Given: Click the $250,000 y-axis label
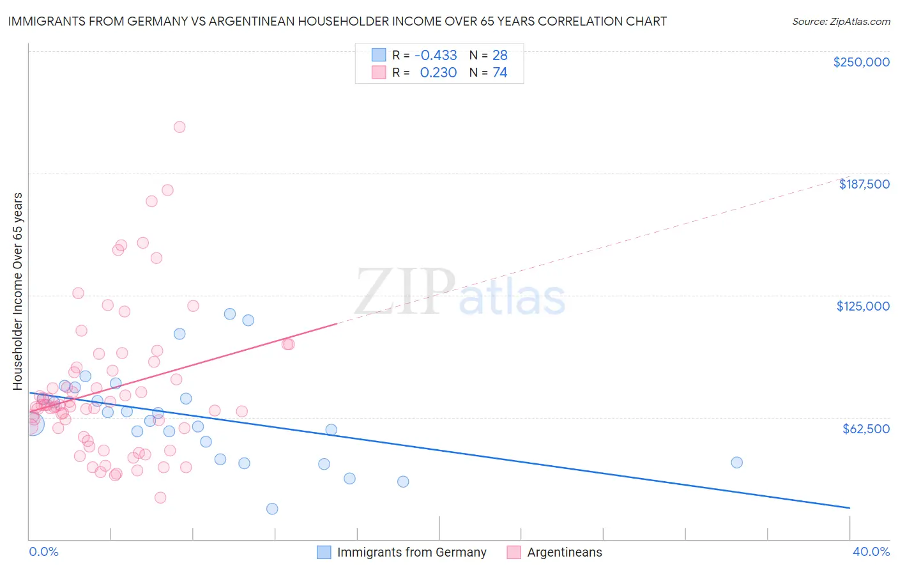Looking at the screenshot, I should pos(861,62).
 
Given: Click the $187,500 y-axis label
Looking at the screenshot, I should pos(864,184).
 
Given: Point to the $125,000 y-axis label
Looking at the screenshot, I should pos(863,306).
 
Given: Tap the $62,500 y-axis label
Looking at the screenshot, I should pos(865,429).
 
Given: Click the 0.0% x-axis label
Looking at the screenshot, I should pos(43,552).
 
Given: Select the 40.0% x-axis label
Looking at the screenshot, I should pos(871,552).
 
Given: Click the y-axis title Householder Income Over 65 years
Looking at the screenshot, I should pos(18,291).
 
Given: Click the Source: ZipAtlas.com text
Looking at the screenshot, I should pos(841,22).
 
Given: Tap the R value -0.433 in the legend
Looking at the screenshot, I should pos(436,56).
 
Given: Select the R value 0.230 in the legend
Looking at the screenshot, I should pos(438,73).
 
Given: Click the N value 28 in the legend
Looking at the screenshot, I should pos(499,56).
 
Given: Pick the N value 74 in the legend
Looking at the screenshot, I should pos(499,73).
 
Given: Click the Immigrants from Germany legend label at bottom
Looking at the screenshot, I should pos(411,552).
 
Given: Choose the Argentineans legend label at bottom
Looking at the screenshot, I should pos(564,552).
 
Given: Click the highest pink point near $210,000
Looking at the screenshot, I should pos(179,127).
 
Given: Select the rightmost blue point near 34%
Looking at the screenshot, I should pos(736,463).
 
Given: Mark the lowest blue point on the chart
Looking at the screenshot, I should pos(272,509).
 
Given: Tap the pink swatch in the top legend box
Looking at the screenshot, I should pos(379,73).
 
